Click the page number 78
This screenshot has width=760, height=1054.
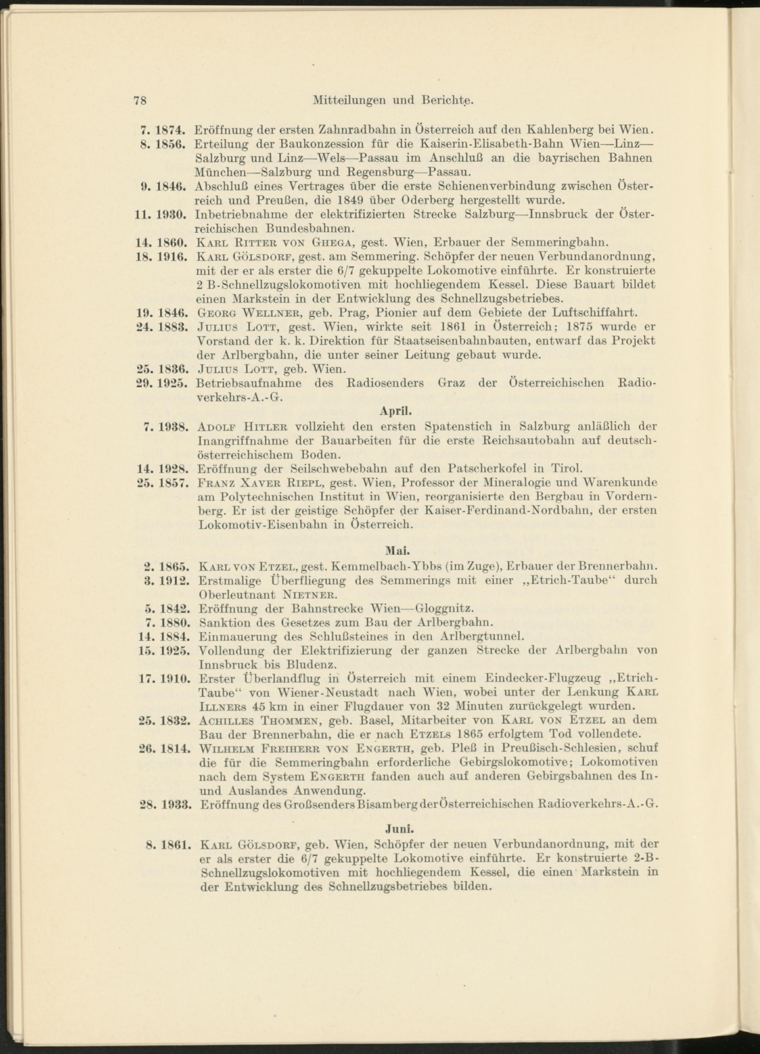pyautogui.click(x=140, y=100)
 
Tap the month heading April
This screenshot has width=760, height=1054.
pyautogui.click(x=396, y=411)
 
